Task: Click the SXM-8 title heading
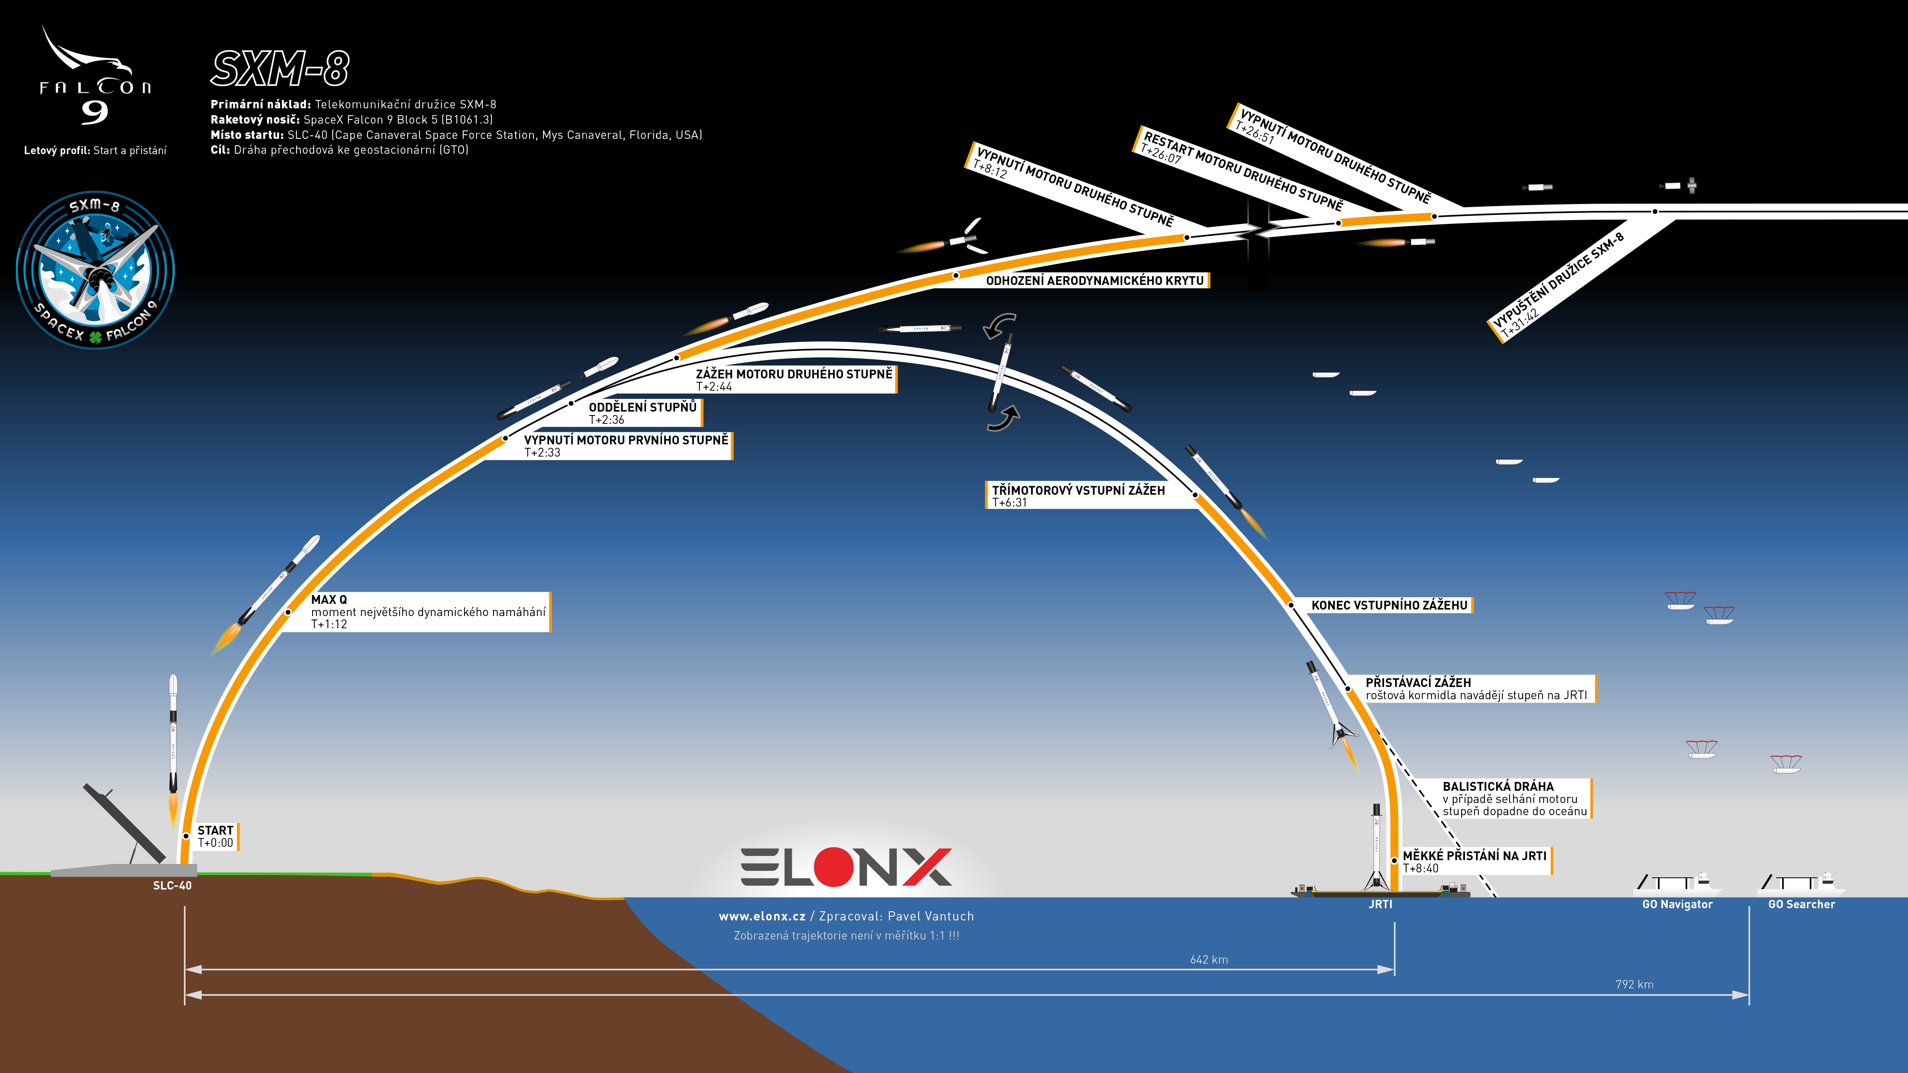280,69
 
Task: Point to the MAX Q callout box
429,612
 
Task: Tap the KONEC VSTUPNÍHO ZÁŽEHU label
1389,605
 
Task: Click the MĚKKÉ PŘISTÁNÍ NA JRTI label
1475,861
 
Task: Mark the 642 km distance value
1209,960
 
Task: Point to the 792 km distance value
1635,984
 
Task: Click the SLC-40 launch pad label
172,886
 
